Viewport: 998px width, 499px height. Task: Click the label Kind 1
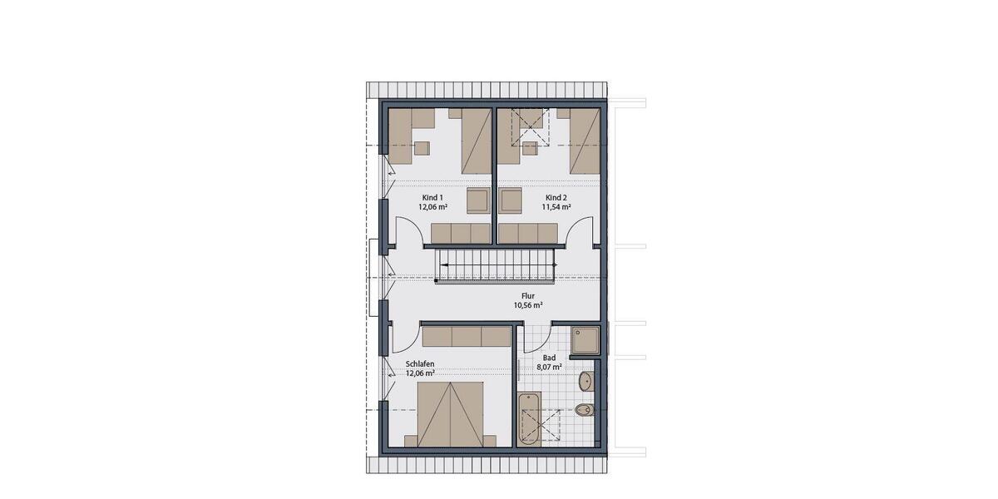tap(431, 198)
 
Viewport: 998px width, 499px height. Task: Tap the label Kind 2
tap(556, 198)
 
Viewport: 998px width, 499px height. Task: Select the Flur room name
tap(528, 295)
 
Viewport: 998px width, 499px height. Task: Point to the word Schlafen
tap(420, 364)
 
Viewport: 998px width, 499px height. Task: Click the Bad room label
tap(549, 357)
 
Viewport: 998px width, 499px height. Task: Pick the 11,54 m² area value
tap(556, 207)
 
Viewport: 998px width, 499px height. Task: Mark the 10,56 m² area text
tap(528, 305)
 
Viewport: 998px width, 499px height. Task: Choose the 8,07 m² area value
tap(549, 366)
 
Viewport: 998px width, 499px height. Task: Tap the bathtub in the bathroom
tap(529, 419)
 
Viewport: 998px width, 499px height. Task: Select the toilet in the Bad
tap(585, 409)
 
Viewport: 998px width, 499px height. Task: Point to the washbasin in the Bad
tap(585, 381)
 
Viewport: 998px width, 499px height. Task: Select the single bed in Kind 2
tap(583, 141)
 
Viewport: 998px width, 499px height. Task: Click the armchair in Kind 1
tap(477, 201)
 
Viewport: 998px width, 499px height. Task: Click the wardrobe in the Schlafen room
tap(466, 336)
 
